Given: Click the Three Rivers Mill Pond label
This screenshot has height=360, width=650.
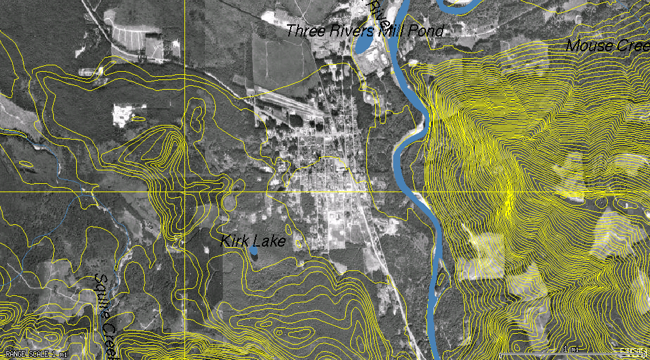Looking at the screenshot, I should point(364,30).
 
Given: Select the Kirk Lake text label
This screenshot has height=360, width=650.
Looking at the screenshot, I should point(252,241).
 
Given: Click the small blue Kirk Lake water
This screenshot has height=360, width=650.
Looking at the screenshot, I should point(254,252).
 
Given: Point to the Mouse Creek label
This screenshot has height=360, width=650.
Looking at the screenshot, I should point(608,45).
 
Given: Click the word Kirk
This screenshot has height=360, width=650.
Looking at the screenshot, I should point(234,241).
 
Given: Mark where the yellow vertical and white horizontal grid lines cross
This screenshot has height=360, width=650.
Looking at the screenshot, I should point(184,192).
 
